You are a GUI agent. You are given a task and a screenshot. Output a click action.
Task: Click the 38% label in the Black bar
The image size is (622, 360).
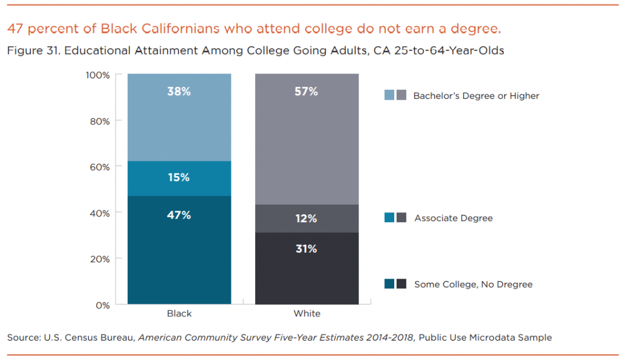[x=179, y=92]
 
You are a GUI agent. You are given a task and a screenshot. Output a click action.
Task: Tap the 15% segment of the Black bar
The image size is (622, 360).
[x=179, y=178]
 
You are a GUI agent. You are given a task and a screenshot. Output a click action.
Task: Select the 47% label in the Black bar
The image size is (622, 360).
[x=179, y=215]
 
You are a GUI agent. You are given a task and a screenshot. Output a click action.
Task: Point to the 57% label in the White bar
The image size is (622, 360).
[x=306, y=92]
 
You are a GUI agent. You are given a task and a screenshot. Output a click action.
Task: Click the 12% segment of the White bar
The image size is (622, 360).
[x=306, y=219]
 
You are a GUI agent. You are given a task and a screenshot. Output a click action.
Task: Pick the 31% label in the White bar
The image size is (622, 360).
[x=306, y=249]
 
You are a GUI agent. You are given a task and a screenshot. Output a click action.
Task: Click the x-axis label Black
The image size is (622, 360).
[x=179, y=314]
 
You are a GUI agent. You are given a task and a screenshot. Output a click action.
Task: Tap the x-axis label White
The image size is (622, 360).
[x=307, y=314]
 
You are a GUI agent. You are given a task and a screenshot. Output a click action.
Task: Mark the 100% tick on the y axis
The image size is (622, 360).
[x=97, y=75]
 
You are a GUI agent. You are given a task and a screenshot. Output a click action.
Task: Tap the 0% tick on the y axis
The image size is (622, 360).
[x=102, y=305]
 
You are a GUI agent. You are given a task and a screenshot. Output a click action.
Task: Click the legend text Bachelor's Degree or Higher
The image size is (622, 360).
[x=476, y=96]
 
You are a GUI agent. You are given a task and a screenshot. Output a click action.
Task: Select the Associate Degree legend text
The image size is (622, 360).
[x=453, y=218]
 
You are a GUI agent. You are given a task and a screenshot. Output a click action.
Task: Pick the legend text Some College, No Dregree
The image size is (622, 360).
[x=473, y=284]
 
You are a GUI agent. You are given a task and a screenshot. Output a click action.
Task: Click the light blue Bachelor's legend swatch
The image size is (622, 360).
[x=389, y=95]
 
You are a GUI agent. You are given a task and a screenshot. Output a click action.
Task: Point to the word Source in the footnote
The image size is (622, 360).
[x=22, y=338]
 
